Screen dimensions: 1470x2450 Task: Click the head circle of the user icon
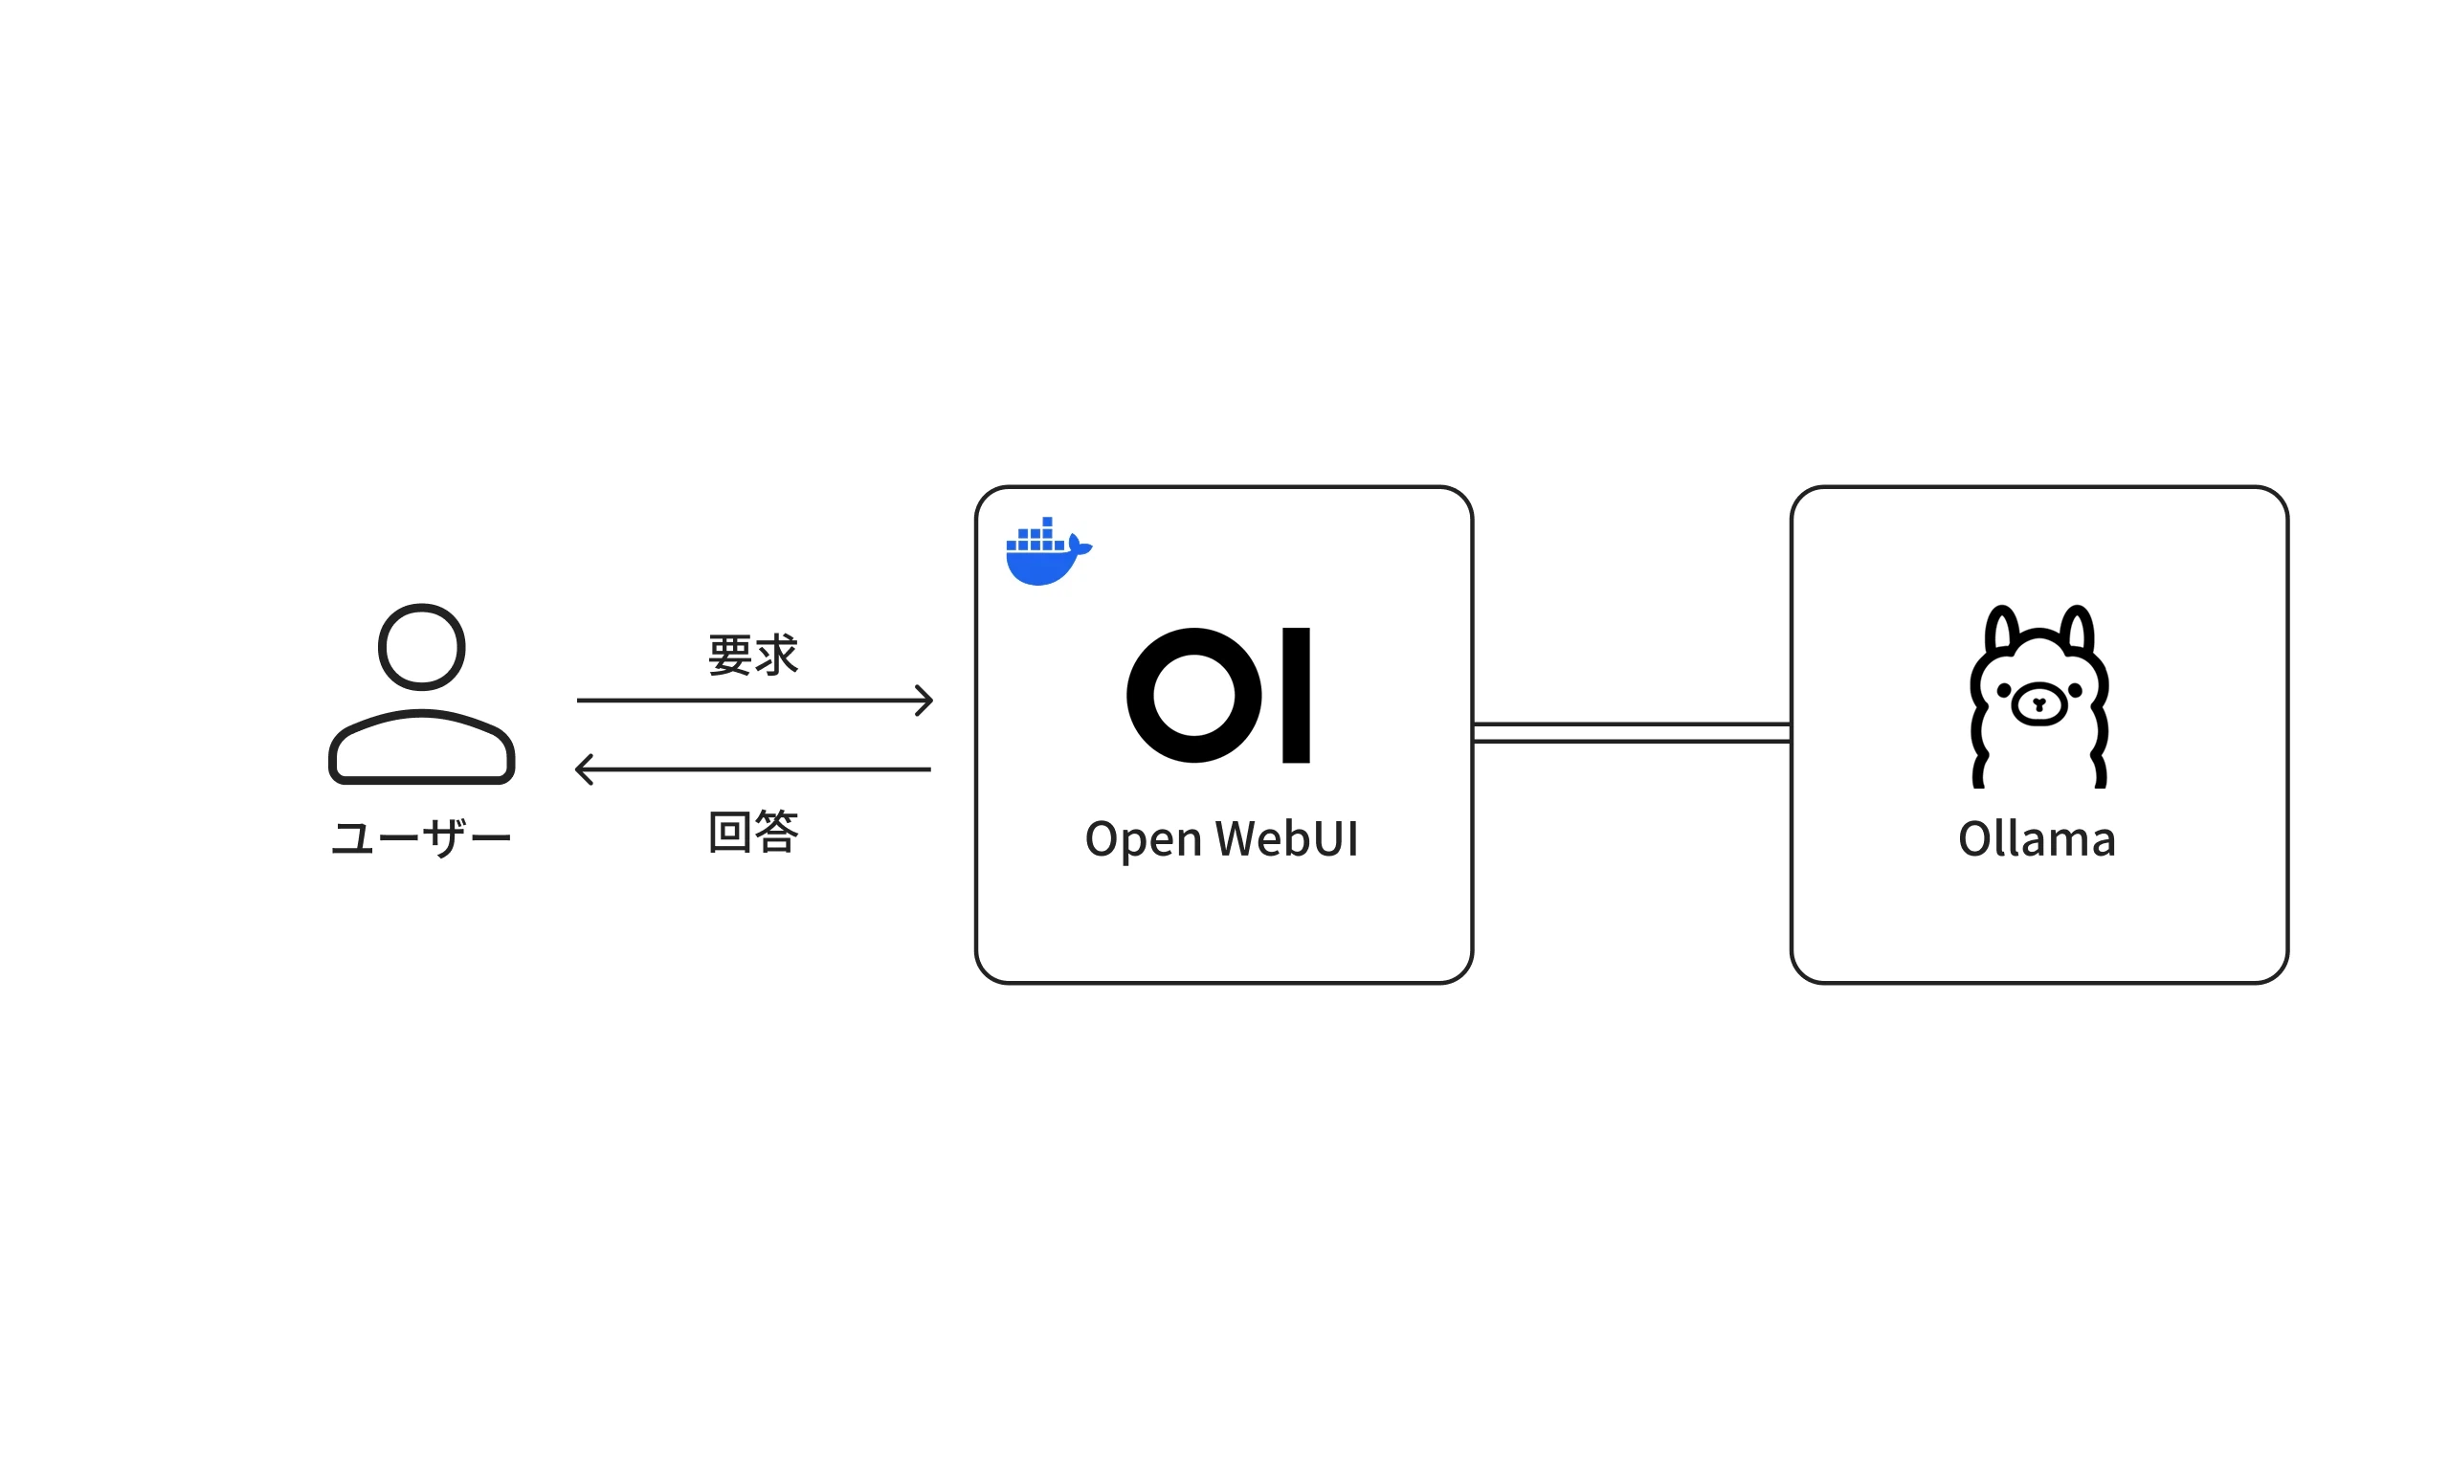(421, 647)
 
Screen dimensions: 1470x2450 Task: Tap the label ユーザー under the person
(421, 838)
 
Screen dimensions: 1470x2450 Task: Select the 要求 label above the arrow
(752, 655)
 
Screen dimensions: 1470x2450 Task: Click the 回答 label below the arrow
(752, 831)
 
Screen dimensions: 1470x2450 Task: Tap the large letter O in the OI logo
(1193, 696)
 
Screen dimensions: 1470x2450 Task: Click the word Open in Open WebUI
(1143, 839)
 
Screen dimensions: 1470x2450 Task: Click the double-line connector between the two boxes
(1630, 732)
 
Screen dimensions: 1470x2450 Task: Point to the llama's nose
(2038, 704)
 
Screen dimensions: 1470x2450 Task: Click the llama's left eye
(2003, 690)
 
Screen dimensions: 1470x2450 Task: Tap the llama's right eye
(2075, 690)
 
